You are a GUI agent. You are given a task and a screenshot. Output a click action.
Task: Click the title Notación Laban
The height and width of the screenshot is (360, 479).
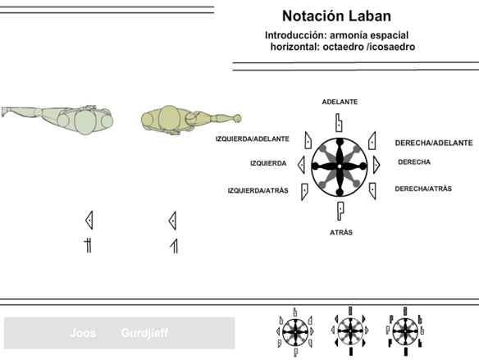(x=336, y=16)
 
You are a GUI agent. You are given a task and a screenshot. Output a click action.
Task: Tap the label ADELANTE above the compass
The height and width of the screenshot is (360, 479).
(x=340, y=102)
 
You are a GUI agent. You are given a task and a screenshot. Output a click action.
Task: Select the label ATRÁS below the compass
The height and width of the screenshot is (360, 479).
(x=341, y=232)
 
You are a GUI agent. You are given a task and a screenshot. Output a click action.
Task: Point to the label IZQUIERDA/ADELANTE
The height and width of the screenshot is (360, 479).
(x=253, y=139)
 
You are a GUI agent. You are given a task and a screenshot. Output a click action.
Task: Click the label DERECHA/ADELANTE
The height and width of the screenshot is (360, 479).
(x=434, y=143)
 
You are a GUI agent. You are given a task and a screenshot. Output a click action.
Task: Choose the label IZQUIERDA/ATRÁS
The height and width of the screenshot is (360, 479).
(x=258, y=190)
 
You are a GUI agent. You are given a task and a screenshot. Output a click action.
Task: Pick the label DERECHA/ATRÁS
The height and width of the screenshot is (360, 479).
(x=423, y=189)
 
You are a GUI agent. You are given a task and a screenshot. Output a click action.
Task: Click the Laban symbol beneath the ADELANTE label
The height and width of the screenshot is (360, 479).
(x=339, y=123)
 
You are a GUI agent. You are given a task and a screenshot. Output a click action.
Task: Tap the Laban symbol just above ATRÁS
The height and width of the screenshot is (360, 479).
(x=340, y=211)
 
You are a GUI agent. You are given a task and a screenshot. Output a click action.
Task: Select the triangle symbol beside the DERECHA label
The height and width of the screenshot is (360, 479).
(x=376, y=165)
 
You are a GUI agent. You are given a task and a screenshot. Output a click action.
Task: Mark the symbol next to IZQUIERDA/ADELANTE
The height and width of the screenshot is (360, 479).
(x=308, y=140)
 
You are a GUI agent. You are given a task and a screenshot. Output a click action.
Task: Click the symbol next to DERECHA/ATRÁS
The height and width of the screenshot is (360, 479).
(x=372, y=191)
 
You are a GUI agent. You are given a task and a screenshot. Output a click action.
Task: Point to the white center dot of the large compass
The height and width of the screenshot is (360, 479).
(x=340, y=166)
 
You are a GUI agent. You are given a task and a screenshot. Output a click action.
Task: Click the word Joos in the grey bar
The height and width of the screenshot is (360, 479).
(x=83, y=333)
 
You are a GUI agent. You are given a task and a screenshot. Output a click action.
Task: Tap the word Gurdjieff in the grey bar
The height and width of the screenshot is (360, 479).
(x=144, y=333)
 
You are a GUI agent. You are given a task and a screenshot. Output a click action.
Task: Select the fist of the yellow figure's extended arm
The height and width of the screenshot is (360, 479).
(x=237, y=118)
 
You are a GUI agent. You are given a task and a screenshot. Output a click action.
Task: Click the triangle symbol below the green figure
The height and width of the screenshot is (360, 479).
(x=89, y=220)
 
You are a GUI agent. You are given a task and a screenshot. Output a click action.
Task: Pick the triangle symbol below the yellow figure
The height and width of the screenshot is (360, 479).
(x=172, y=221)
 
